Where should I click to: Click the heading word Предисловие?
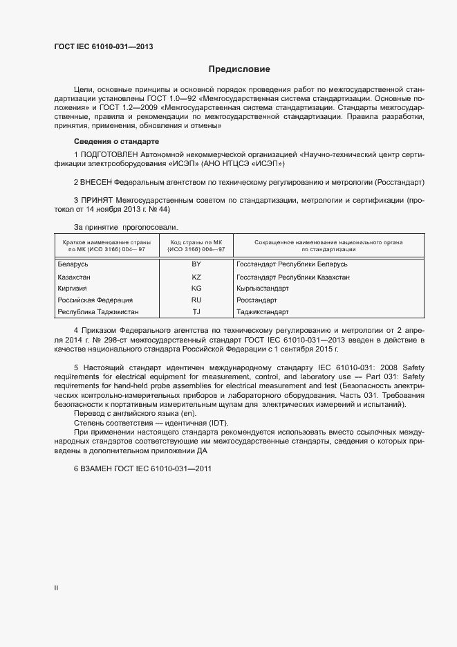coord(239,69)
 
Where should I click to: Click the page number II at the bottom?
coord(56,588)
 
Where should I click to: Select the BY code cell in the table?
coord(196,264)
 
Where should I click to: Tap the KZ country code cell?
coord(196,277)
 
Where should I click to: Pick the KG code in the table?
coord(196,289)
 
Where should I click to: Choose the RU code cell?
coord(196,301)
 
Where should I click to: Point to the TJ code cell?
coord(196,313)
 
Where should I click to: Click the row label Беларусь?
coord(73,264)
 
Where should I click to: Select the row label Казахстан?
coord(75,277)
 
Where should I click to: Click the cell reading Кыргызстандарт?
coord(262,289)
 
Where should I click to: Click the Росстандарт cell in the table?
coord(257,301)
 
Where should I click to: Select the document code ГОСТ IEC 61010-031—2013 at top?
coord(104,47)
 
